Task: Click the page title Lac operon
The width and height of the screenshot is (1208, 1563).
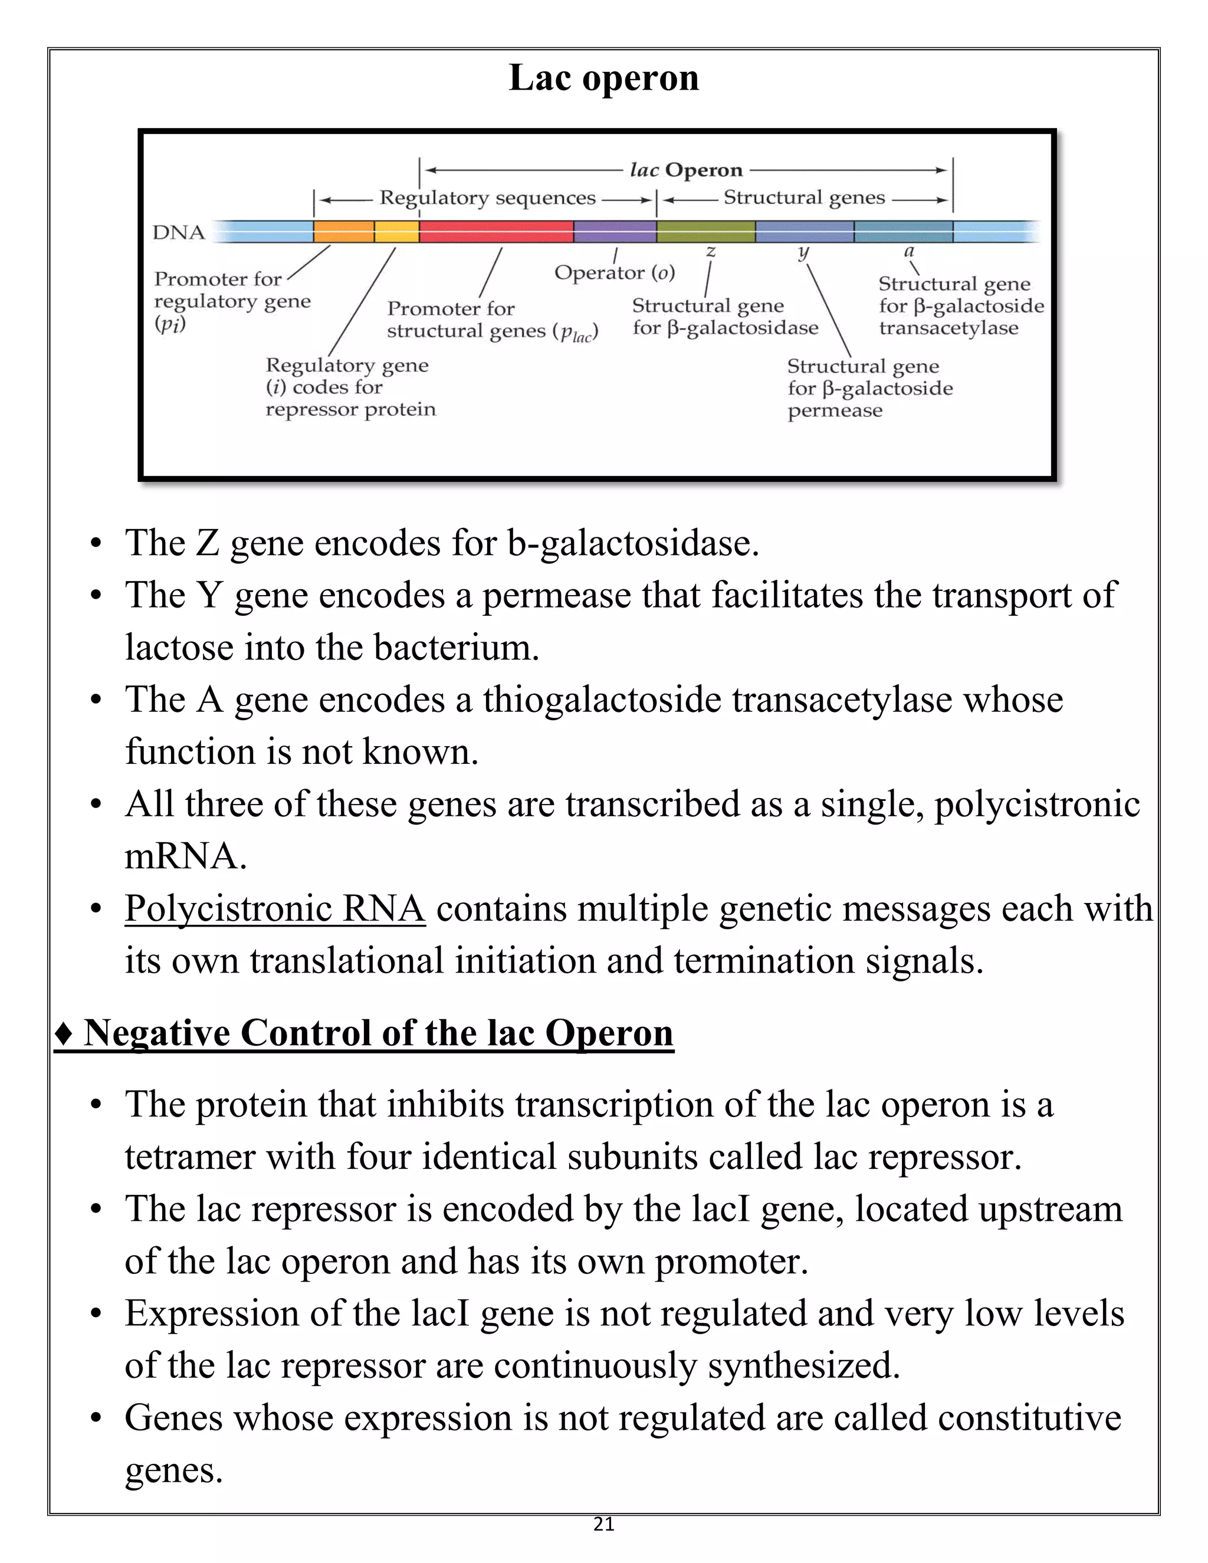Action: (x=603, y=78)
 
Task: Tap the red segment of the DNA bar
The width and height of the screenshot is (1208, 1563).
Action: (x=496, y=232)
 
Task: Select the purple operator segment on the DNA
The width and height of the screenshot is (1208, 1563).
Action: (x=615, y=232)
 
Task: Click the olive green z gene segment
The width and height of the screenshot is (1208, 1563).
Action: (x=705, y=232)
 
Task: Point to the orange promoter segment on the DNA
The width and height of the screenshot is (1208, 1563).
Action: (x=343, y=232)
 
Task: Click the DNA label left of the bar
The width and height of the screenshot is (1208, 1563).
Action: (x=178, y=232)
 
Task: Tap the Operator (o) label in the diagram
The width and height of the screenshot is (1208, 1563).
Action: (x=614, y=272)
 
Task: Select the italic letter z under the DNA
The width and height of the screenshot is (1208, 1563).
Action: (x=711, y=251)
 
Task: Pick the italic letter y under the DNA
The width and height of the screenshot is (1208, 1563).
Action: (x=803, y=252)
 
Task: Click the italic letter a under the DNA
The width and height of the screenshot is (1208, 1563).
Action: (x=909, y=251)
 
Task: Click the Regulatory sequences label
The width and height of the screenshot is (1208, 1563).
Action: (x=487, y=198)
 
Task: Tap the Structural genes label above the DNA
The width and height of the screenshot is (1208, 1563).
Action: (x=805, y=198)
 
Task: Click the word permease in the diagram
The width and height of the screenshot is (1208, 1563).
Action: (x=835, y=411)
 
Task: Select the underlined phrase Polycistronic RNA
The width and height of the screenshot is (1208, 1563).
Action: (x=275, y=909)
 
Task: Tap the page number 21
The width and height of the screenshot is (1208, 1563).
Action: (x=604, y=1524)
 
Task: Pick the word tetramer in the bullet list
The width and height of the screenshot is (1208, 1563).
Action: (x=190, y=1157)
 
